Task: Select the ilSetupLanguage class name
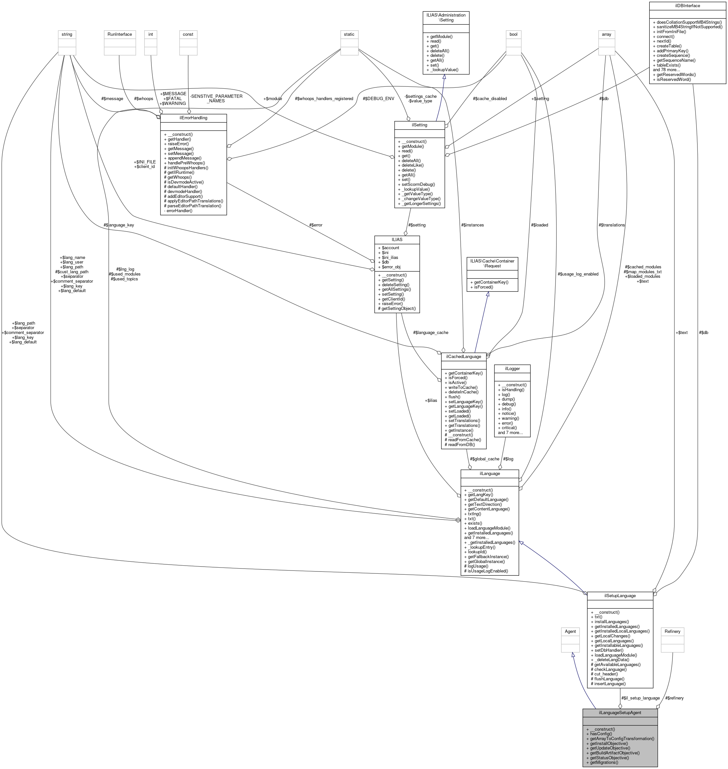620,595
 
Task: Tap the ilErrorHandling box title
193,118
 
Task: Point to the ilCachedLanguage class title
463,356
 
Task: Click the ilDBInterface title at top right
687,6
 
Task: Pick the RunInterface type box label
120,34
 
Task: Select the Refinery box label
672,631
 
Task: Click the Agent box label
570,631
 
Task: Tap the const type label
188,34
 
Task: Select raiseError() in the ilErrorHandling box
178,144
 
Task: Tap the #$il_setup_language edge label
640,698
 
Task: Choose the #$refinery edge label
674,698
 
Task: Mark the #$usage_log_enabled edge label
578,274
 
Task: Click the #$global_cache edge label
484,459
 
